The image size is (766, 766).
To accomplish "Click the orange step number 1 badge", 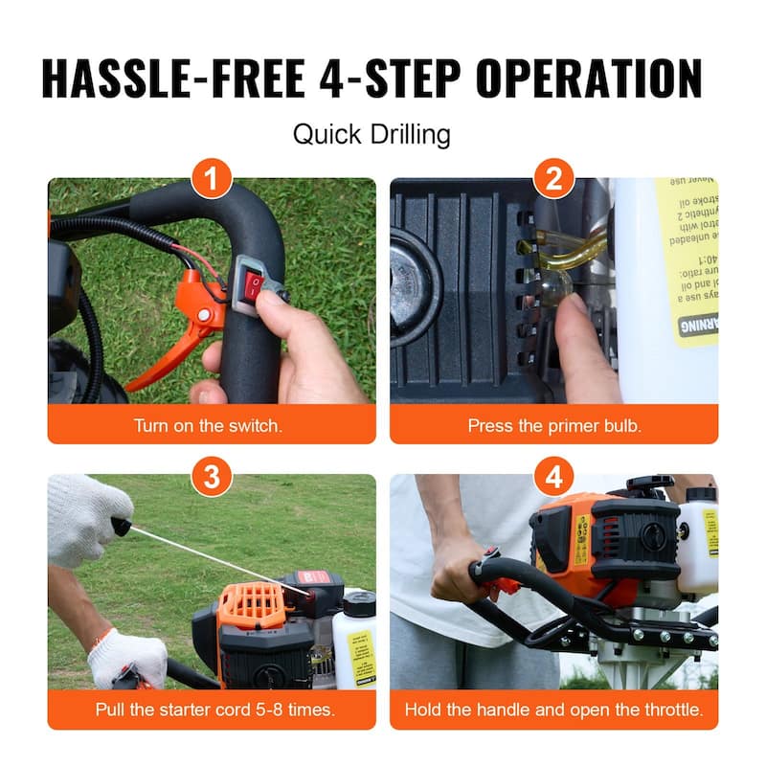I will pyautogui.click(x=212, y=178).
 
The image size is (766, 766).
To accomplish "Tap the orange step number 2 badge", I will pyautogui.click(x=553, y=178).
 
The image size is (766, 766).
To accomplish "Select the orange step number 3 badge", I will pyautogui.click(x=212, y=476).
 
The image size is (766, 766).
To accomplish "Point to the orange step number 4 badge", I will pyautogui.click(x=553, y=476).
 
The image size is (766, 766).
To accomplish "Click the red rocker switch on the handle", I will pyautogui.click(x=255, y=282).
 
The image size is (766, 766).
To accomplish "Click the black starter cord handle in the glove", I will pyautogui.click(x=121, y=526).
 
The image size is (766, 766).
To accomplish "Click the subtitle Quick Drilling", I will pyautogui.click(x=372, y=134).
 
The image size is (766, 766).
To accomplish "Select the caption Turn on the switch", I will pyautogui.click(x=208, y=425).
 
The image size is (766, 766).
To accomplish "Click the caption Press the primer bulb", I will pyautogui.click(x=552, y=425).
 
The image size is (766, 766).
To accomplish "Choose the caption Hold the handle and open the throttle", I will pyautogui.click(x=553, y=710).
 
